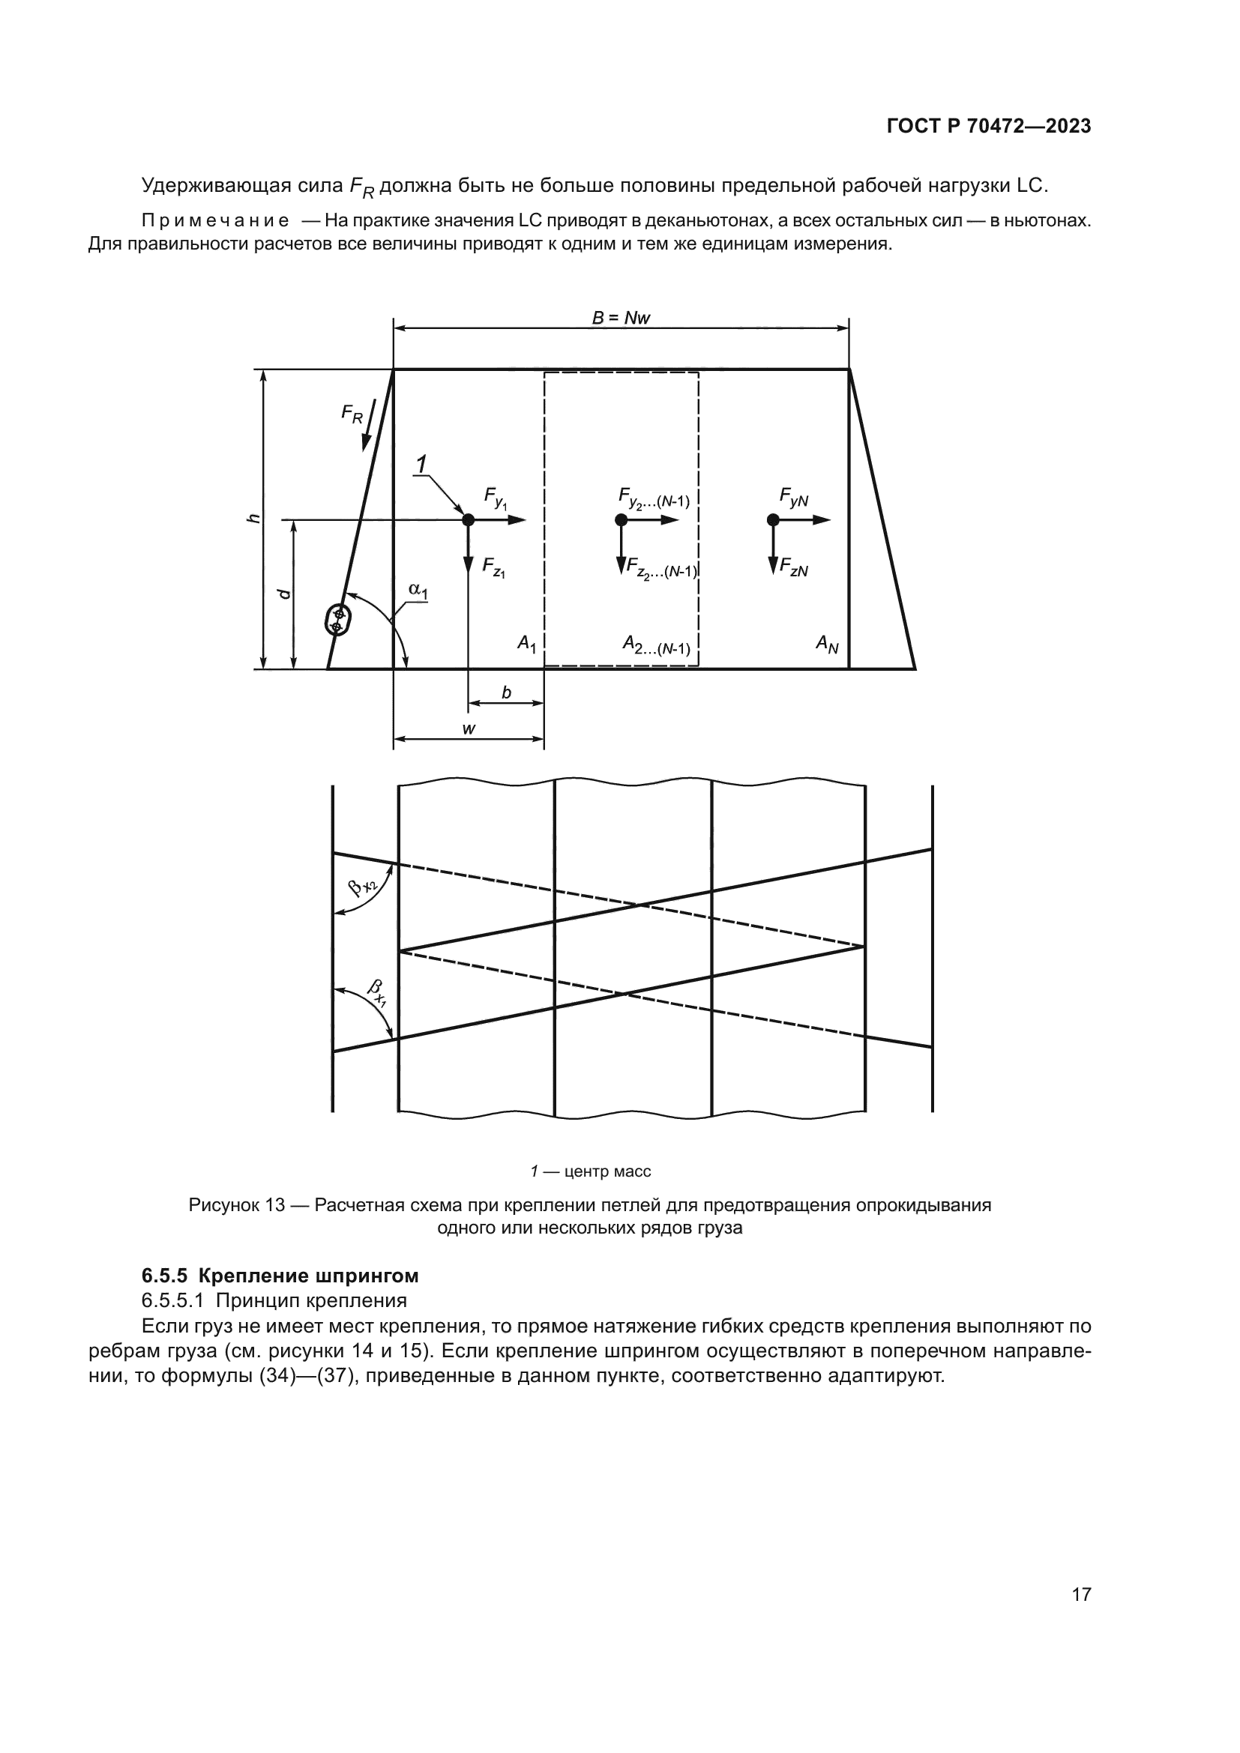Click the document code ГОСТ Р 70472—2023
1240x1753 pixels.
pyautogui.click(x=988, y=126)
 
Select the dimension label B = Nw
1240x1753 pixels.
pyautogui.click(x=621, y=318)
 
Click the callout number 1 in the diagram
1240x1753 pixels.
pyautogui.click(x=421, y=463)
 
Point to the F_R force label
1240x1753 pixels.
pyautogui.click(x=351, y=415)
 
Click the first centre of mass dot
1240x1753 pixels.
pyautogui.click(x=468, y=520)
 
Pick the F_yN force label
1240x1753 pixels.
pyautogui.click(x=793, y=498)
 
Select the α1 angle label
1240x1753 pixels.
pyautogui.click(x=418, y=589)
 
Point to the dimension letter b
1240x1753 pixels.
pyautogui.click(x=505, y=693)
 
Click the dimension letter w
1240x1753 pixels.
pyautogui.click(x=469, y=729)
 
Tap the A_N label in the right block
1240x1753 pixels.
pyautogui.click(x=827, y=645)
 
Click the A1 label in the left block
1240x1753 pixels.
pyautogui.click(x=527, y=645)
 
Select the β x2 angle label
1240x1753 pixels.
pyautogui.click(x=363, y=889)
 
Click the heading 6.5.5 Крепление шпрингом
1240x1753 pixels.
pyautogui.click(x=280, y=1276)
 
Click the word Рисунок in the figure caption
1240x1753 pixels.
pyautogui.click(x=225, y=1205)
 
